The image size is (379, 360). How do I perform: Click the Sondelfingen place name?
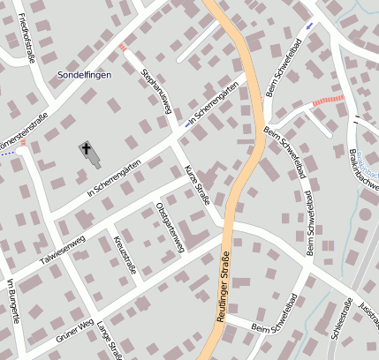(x=84, y=76)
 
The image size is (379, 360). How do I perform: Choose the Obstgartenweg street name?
(x=169, y=228)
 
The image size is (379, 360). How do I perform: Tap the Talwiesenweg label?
(x=56, y=248)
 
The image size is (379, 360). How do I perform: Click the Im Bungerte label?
(x=12, y=300)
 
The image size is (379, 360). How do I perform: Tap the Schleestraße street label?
(x=339, y=327)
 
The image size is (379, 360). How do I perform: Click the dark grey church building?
(x=94, y=158)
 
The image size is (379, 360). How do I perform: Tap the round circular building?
(x=366, y=214)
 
